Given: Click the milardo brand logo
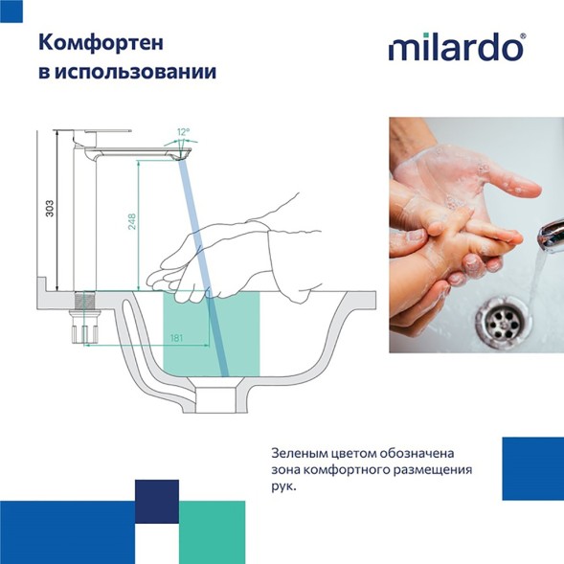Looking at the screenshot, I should (x=457, y=47).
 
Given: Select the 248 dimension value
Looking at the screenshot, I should (x=131, y=222).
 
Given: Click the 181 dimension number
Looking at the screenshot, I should (x=176, y=338).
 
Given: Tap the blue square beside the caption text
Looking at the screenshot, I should (x=532, y=468).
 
